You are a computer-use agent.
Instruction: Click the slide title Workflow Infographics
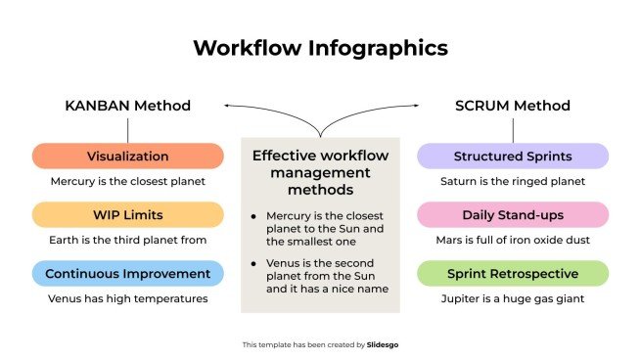pos(320,47)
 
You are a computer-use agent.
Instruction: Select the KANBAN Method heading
pos(127,106)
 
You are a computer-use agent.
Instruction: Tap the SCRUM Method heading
pos(513,106)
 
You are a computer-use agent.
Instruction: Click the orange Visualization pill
pos(127,157)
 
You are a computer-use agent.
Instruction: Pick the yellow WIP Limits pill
pos(127,214)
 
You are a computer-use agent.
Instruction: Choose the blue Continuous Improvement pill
pos(127,273)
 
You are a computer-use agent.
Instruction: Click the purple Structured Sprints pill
pos(513,157)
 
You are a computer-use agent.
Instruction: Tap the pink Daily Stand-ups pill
pos(513,214)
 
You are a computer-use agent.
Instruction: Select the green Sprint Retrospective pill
pos(513,273)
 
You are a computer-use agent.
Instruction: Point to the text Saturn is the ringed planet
pos(513,181)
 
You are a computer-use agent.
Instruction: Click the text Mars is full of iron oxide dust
pos(513,239)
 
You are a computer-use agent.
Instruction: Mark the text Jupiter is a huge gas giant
pos(513,298)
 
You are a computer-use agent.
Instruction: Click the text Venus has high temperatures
pos(127,298)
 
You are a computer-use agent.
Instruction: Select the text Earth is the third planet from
pos(127,239)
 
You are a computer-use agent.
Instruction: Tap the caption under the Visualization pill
pos(127,181)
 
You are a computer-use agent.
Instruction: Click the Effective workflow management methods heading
pos(320,172)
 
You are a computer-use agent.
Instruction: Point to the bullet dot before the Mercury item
pos(254,214)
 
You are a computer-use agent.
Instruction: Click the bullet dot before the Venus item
pos(254,262)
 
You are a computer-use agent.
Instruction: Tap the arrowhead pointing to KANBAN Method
pos(227,105)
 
